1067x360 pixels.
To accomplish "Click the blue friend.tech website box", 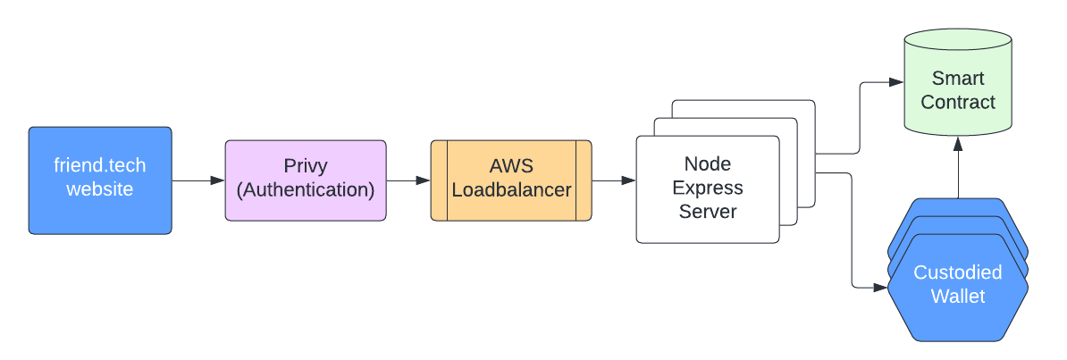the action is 100,180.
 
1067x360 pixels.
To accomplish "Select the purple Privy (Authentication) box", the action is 306,180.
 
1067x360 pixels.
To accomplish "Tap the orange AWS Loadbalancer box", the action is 511,180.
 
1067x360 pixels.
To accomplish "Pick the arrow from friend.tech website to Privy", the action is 198,180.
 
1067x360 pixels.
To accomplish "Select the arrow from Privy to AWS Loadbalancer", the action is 408,180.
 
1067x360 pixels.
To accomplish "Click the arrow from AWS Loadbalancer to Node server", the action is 614,180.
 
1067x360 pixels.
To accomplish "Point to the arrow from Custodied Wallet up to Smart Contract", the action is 957,167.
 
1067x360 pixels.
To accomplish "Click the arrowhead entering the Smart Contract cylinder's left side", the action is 896,82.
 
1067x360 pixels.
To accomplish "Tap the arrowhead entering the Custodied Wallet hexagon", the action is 880,288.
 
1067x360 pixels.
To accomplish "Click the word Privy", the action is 306,166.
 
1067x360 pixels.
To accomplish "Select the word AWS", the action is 510,166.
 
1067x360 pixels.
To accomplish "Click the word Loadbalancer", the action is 511,190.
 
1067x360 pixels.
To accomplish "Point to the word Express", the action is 708,188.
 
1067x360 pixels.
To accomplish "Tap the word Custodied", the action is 957,272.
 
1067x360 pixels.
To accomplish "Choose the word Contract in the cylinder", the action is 957,102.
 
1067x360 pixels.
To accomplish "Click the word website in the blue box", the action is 100,188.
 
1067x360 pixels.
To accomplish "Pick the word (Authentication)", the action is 306,190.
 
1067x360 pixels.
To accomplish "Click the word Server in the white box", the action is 708,211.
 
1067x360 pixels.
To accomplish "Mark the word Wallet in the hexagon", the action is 957,297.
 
